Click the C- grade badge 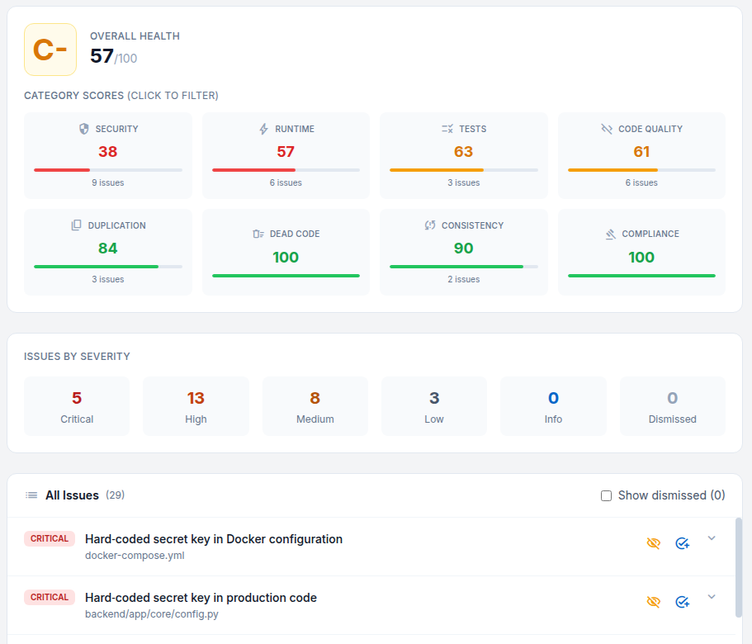[50, 50]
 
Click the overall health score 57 [102, 56]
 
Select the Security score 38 [108, 152]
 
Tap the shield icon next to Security [83, 129]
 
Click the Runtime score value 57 [286, 152]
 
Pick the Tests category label [472, 129]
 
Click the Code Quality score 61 [641, 152]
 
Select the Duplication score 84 [108, 249]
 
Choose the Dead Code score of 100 [286, 257]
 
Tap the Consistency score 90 [464, 249]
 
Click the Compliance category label [650, 234]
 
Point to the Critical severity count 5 [77, 399]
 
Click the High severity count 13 [196, 399]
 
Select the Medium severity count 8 [315, 399]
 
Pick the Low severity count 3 [434, 399]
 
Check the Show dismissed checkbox [607, 495]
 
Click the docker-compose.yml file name [135, 556]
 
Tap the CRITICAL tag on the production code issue [50, 597]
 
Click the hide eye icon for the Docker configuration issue [654, 543]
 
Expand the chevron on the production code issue [712, 597]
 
